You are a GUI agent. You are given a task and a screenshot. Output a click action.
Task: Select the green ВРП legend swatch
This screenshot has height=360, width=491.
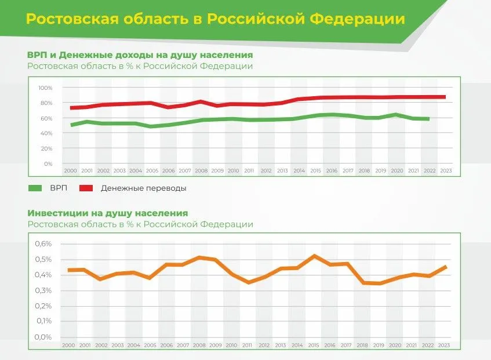pos(35,188)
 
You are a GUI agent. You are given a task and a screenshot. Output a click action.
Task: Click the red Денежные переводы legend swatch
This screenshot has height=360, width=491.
pos(86,188)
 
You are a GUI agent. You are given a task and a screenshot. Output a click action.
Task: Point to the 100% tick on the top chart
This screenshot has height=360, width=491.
pos(45,88)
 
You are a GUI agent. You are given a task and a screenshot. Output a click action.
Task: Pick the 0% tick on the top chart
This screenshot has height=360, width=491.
pos(48,164)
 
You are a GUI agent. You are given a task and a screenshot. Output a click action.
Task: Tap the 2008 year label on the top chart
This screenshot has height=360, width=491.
pos(201,171)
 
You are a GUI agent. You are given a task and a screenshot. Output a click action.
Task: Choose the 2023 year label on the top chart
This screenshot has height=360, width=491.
pos(446,171)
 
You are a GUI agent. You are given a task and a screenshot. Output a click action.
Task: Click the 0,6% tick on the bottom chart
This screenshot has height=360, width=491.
pos(43,244)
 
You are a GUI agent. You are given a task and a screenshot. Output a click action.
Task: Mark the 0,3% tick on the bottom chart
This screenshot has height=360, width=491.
pos(43,290)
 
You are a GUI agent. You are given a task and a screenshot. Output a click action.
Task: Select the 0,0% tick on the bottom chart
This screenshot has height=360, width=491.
pos(43,337)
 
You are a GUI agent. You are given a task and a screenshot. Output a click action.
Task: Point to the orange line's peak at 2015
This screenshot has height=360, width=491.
pos(314,256)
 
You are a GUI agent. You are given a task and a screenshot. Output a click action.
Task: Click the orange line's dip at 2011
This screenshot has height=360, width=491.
pos(249,282)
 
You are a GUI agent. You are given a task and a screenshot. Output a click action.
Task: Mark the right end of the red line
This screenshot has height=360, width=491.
pos(445,97)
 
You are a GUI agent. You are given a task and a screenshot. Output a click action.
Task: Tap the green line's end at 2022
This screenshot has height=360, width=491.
pos(428,119)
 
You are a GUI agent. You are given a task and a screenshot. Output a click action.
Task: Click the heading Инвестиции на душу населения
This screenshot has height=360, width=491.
pos(107,213)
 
